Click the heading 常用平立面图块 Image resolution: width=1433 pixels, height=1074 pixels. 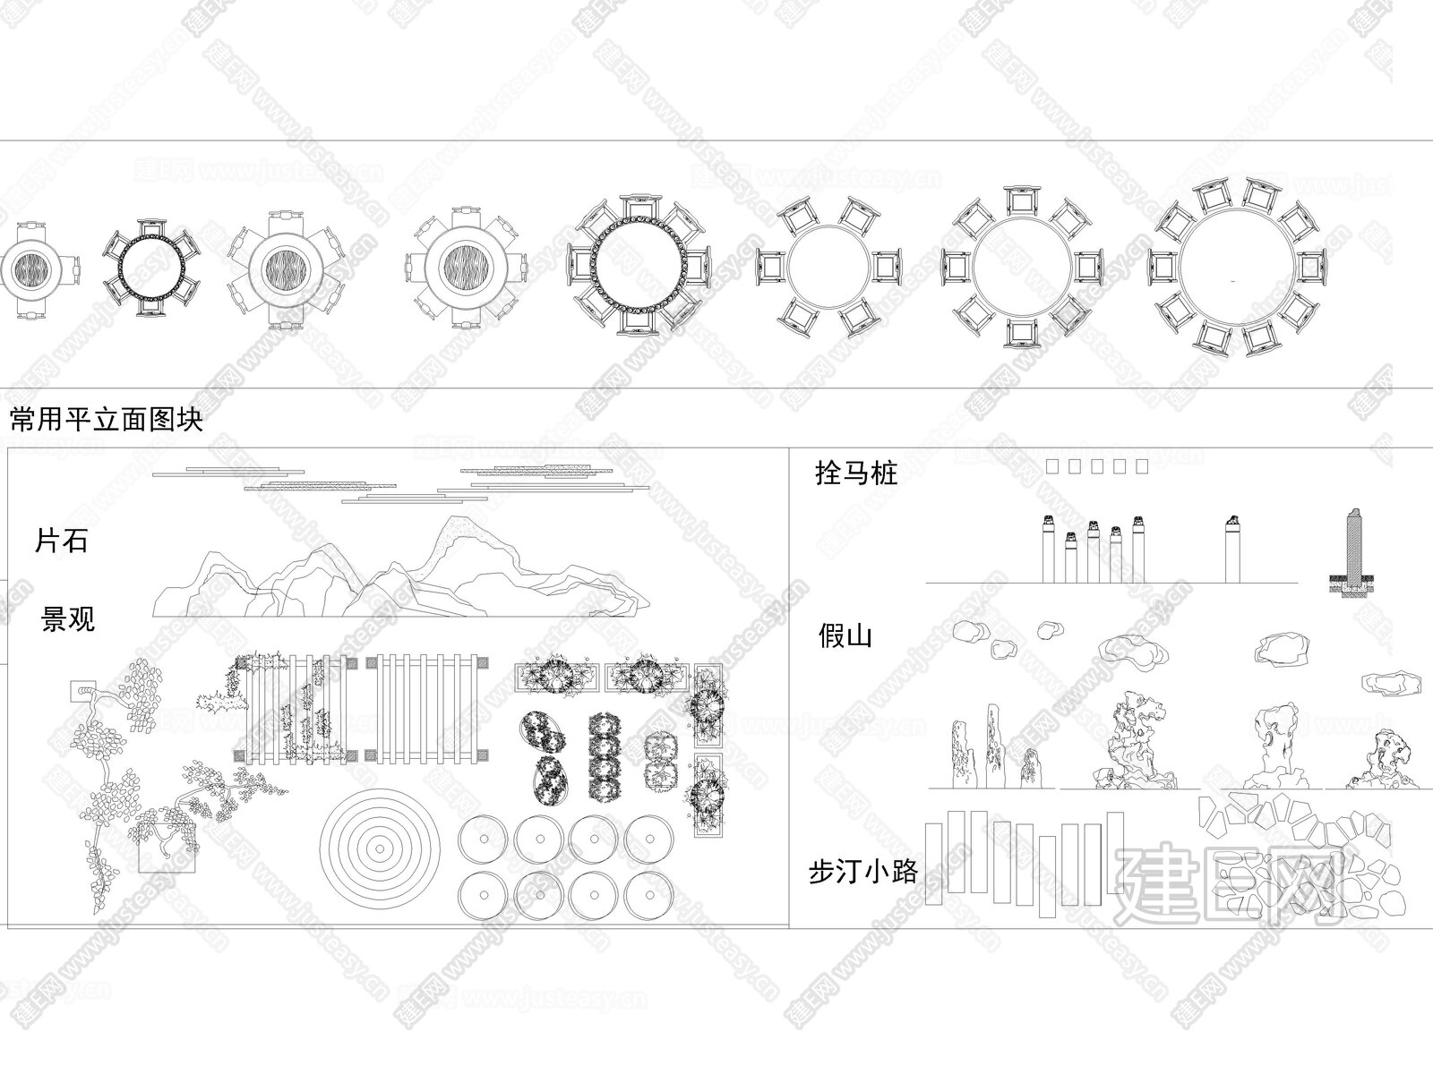pyautogui.click(x=107, y=419)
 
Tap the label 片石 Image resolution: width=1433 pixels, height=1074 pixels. pyautogui.click(x=61, y=541)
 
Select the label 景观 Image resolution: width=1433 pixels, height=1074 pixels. pyautogui.click(x=68, y=618)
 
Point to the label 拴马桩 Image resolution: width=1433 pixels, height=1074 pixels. pyautogui.click(x=856, y=473)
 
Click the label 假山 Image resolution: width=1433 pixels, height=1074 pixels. pyautogui.click(x=845, y=635)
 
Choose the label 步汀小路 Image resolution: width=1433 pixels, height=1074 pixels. pyautogui.click(x=863, y=872)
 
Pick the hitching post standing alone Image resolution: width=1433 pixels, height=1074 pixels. pyautogui.click(x=1232, y=549)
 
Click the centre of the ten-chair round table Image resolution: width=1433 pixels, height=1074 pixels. pyautogui.click(x=1237, y=268)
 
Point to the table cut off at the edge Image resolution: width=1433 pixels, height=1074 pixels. pyautogui.click(x=39, y=269)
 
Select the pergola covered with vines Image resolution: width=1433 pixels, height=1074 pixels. pyautogui.click(x=296, y=709)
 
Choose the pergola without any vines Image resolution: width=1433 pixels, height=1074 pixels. pyautogui.click(x=427, y=709)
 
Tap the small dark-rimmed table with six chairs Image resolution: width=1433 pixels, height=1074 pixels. pyautogui.click(x=151, y=268)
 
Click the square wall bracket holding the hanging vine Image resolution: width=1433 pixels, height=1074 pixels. pyautogui.click(x=83, y=691)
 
